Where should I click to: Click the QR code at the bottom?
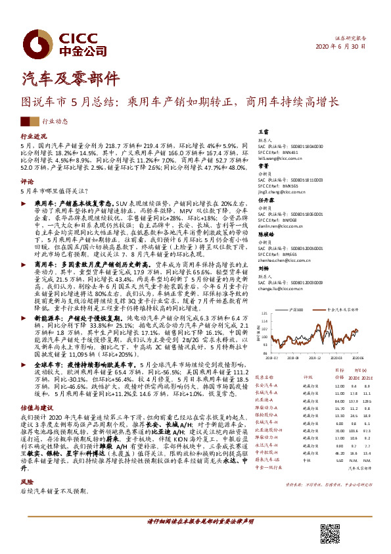click(331, 532)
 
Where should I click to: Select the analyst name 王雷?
click(262, 132)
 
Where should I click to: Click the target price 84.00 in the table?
click(321, 400)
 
